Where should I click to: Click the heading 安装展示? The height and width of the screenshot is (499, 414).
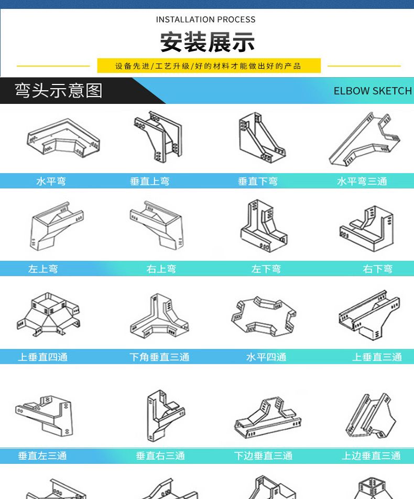207,42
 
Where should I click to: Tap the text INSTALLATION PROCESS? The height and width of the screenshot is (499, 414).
205,20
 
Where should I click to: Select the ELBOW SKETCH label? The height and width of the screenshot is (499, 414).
373,91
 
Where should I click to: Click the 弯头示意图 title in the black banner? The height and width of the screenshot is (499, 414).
59,91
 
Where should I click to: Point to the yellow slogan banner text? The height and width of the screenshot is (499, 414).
208,66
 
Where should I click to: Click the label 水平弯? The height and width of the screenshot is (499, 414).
51,182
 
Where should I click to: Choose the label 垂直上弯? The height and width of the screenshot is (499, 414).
150,182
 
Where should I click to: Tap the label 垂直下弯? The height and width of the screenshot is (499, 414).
258,182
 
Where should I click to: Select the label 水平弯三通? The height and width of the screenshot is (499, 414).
362,182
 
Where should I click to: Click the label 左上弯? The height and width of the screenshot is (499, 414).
43,269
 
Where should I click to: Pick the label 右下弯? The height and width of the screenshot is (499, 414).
378,269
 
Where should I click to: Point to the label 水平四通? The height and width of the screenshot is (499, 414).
266,357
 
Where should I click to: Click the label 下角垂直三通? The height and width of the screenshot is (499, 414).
159,357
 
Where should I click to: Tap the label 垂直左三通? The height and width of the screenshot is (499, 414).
42,456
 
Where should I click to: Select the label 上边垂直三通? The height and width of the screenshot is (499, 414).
371,456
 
